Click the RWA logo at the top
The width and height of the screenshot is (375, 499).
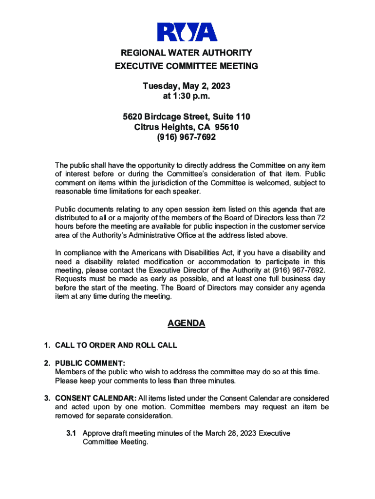click(x=187, y=33)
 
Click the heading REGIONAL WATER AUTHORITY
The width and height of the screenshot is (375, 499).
click(x=187, y=53)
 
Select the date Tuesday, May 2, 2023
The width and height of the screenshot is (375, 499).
click(x=187, y=86)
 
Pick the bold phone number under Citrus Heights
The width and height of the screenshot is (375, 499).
click(x=187, y=137)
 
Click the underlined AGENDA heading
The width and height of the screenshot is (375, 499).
click(x=187, y=324)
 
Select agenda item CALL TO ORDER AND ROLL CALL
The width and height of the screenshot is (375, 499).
click(x=116, y=345)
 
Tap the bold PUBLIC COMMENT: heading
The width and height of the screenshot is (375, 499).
click(x=90, y=363)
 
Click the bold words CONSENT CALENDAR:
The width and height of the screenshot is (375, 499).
click(x=95, y=399)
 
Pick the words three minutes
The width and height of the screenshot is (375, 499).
click(x=211, y=381)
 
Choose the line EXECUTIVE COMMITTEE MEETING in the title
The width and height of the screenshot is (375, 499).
click(x=187, y=66)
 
